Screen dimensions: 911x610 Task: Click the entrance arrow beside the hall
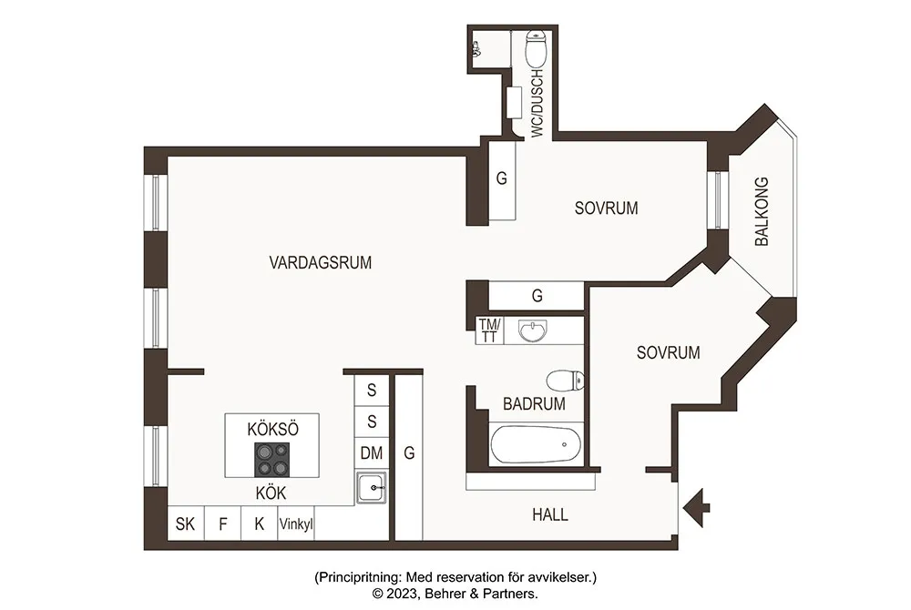[696, 508]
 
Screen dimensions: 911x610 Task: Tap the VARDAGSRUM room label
[320, 262]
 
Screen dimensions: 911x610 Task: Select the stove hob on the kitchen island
[271, 460]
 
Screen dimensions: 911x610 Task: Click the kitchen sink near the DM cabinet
[372, 487]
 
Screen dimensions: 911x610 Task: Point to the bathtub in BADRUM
[535, 444]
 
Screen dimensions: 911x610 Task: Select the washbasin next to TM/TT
[532, 330]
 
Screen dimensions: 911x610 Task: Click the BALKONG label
[761, 211]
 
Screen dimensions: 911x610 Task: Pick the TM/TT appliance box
[490, 330]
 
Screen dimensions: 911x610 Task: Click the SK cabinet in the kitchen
[185, 524]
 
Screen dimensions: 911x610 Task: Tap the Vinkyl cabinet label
[296, 524]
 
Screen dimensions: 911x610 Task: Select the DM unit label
[372, 452]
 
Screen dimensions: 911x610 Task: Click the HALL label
[550, 514]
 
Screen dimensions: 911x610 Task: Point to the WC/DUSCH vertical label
[537, 103]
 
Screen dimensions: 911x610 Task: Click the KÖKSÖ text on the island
[272, 429]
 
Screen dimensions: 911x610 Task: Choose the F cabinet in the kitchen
[222, 524]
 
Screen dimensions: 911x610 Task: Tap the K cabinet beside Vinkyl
[259, 524]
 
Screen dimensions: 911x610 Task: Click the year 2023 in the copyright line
[401, 594]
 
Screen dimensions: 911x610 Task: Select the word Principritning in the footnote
[358, 577]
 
